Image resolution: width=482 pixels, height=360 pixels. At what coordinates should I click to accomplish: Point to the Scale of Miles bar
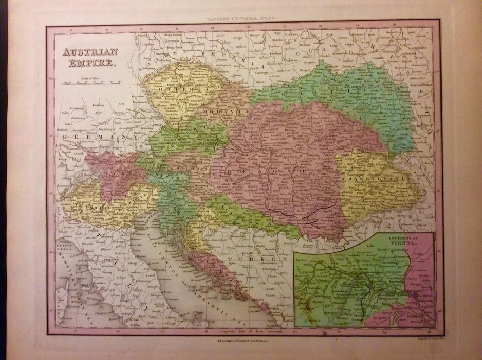coord(92,82)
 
